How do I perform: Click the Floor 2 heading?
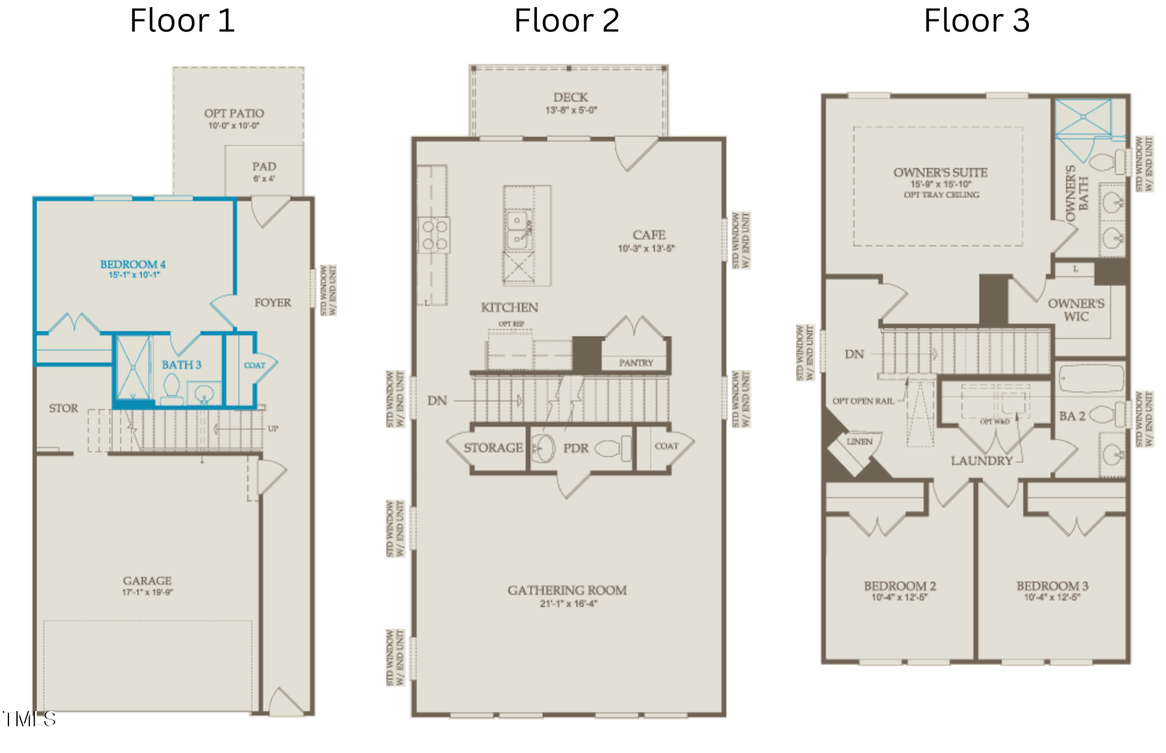(566, 21)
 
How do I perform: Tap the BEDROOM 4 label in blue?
(132, 264)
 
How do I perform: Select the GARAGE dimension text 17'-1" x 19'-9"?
(147, 592)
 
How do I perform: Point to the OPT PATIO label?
(234, 114)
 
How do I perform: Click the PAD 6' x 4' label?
(264, 171)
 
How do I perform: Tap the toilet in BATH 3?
(172, 389)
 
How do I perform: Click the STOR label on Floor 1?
(63, 408)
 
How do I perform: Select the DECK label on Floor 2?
(570, 97)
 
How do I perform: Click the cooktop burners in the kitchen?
(434, 235)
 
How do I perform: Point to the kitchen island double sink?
(518, 228)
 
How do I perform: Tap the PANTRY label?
(636, 363)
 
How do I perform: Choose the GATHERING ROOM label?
(567, 590)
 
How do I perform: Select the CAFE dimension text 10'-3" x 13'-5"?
(646, 248)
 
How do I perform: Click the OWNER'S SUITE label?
(940, 172)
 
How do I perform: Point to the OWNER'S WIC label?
(1076, 310)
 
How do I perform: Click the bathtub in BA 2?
(1091, 379)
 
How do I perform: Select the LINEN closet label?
(859, 441)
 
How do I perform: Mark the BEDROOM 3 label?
(1052, 586)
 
